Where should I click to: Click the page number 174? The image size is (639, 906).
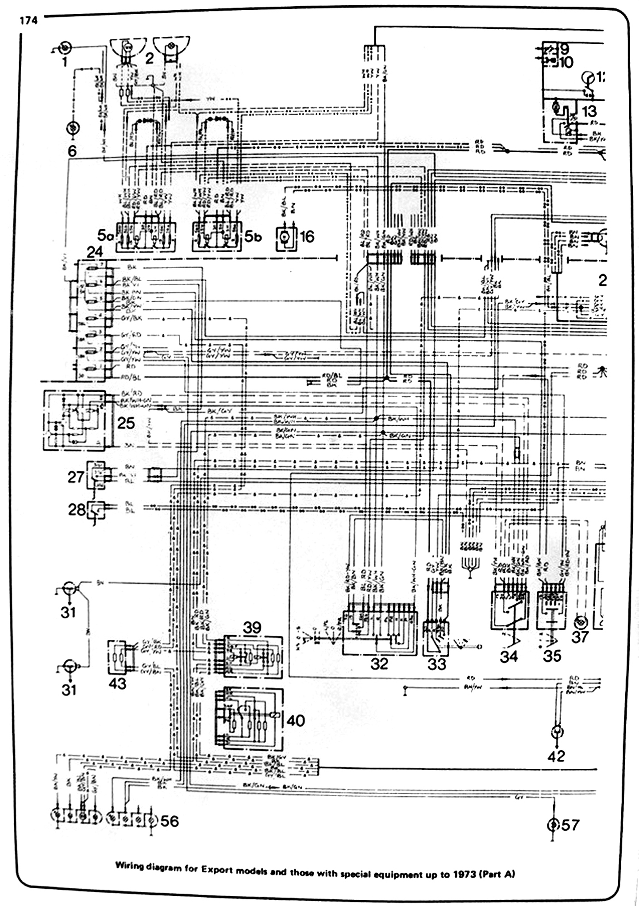[x=29, y=20]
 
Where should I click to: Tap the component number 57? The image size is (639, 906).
[x=570, y=825]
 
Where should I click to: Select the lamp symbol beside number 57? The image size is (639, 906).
[x=553, y=825]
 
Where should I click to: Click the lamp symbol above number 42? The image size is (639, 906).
[x=556, y=732]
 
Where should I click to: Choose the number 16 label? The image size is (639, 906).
[x=307, y=236]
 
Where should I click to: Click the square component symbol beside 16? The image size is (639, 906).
[x=285, y=239]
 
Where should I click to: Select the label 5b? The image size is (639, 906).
[x=253, y=236]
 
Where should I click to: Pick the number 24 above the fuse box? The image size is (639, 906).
[x=94, y=251]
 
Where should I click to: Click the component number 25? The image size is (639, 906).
[x=125, y=423]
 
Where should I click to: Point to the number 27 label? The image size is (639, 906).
[x=76, y=477]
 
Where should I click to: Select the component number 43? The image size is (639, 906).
[x=117, y=684]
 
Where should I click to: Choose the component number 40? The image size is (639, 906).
[x=295, y=721]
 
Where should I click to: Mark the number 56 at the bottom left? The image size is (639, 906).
[x=169, y=821]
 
